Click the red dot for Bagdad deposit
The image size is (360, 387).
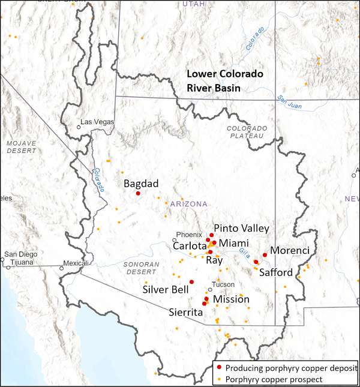pyautogui.click(x=138, y=193)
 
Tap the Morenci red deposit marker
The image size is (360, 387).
pyautogui.click(x=265, y=255)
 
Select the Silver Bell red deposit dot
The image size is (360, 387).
pyautogui.click(x=191, y=281)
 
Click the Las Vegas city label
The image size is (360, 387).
pyautogui.click(x=97, y=122)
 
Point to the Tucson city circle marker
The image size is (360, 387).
pyautogui.click(x=210, y=289)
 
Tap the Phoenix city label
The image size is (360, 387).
pyautogui.click(x=184, y=234)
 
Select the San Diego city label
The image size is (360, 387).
pyautogui.click(x=20, y=254)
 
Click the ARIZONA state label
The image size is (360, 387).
pyautogui.click(x=188, y=204)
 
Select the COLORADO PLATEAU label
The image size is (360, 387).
pyautogui.click(x=245, y=132)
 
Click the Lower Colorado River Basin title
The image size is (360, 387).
pyautogui.click(x=224, y=81)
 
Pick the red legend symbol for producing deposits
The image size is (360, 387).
pyautogui.click(x=220, y=367)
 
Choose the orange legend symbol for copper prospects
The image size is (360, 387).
pyautogui.click(x=220, y=379)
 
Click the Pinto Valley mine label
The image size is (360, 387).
pyautogui.click(x=241, y=229)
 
